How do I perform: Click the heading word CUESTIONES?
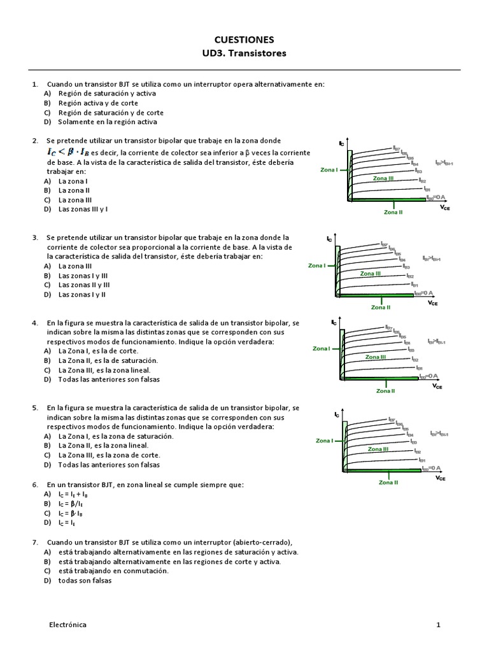[244, 39]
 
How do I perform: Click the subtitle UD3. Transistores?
[244, 53]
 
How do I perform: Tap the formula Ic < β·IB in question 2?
[68, 152]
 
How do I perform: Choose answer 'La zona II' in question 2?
[74, 190]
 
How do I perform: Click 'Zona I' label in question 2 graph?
[329, 170]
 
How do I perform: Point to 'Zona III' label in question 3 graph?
[370, 273]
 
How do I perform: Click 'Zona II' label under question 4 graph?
[385, 391]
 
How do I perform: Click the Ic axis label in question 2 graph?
[342, 143]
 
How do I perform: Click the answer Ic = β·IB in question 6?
[73, 513]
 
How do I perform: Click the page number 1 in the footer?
[438, 625]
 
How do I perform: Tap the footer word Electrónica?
[68, 625]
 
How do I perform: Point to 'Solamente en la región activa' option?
[107, 122]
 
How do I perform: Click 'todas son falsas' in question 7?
[85, 580]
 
